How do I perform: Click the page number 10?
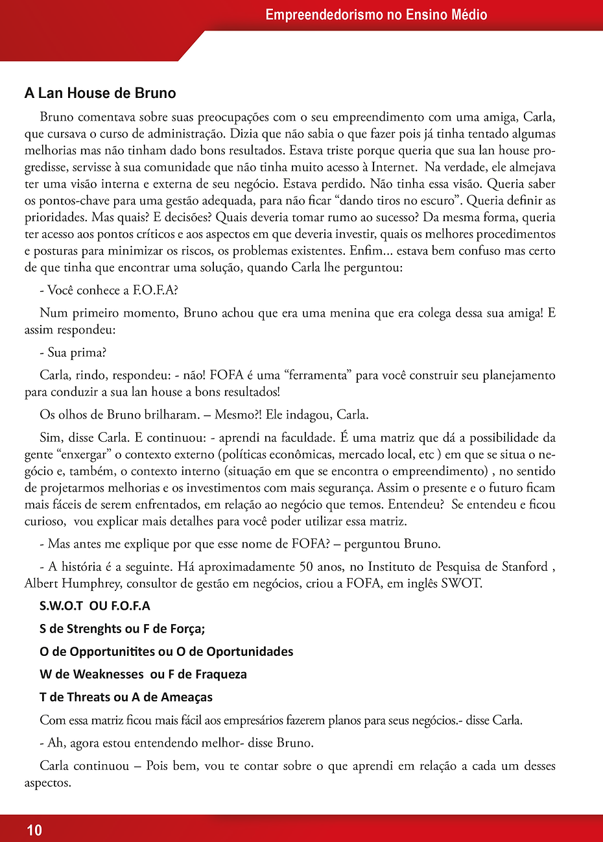pos(34,830)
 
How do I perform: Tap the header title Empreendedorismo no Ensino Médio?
pos(376,14)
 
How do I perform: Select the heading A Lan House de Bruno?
pos(100,93)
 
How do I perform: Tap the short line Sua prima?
pos(73,352)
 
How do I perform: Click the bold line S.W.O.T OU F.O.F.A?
pos(95,606)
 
